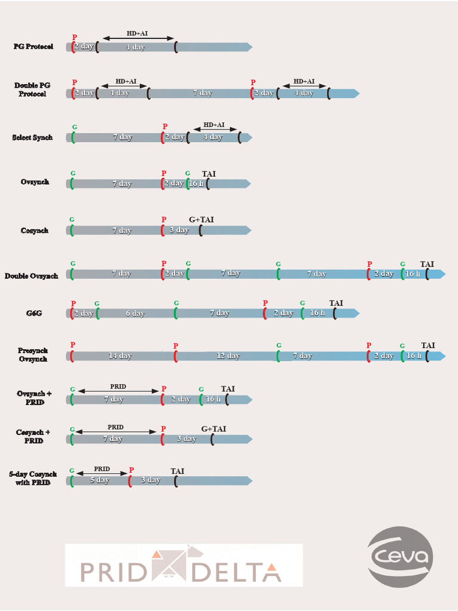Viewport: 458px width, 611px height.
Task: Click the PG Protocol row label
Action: [33, 47]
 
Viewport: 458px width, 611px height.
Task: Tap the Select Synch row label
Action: [32, 137]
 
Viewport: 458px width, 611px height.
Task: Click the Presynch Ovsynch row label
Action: [33, 354]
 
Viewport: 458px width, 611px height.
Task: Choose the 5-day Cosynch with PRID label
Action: [29, 477]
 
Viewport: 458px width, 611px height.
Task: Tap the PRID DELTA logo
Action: [184, 565]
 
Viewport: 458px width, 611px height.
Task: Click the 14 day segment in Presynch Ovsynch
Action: [120, 356]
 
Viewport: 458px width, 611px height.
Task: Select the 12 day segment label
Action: [228, 356]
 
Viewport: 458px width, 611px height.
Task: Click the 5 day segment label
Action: [99, 480]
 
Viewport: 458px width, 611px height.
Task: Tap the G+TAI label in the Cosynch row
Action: [201, 220]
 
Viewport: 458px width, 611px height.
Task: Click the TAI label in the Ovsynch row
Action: [209, 174]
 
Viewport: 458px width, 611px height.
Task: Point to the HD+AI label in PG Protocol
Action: [139, 33]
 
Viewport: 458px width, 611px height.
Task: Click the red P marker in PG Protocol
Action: [75, 37]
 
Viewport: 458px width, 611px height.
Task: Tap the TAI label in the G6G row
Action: [336, 303]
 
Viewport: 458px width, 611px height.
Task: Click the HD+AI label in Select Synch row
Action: [213, 125]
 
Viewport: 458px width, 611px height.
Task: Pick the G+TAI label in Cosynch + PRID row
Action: [213, 429]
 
